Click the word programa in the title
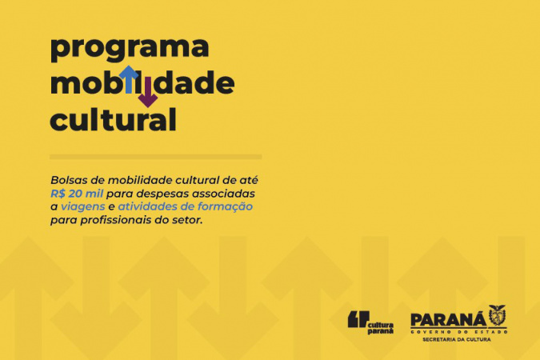click(x=130, y=49)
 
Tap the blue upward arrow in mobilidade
click(x=129, y=79)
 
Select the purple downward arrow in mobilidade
click(x=148, y=92)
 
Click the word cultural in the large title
click(x=114, y=119)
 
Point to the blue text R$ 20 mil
click(x=77, y=194)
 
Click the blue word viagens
click(x=82, y=207)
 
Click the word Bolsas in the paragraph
click(x=67, y=180)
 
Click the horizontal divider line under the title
click(x=156, y=157)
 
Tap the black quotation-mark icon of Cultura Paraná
click(x=358, y=319)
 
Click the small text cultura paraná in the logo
click(x=381, y=328)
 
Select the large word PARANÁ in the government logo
click(x=448, y=320)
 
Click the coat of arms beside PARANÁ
click(x=498, y=316)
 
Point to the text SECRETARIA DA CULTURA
click(x=457, y=340)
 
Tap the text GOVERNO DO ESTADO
click(x=459, y=332)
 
